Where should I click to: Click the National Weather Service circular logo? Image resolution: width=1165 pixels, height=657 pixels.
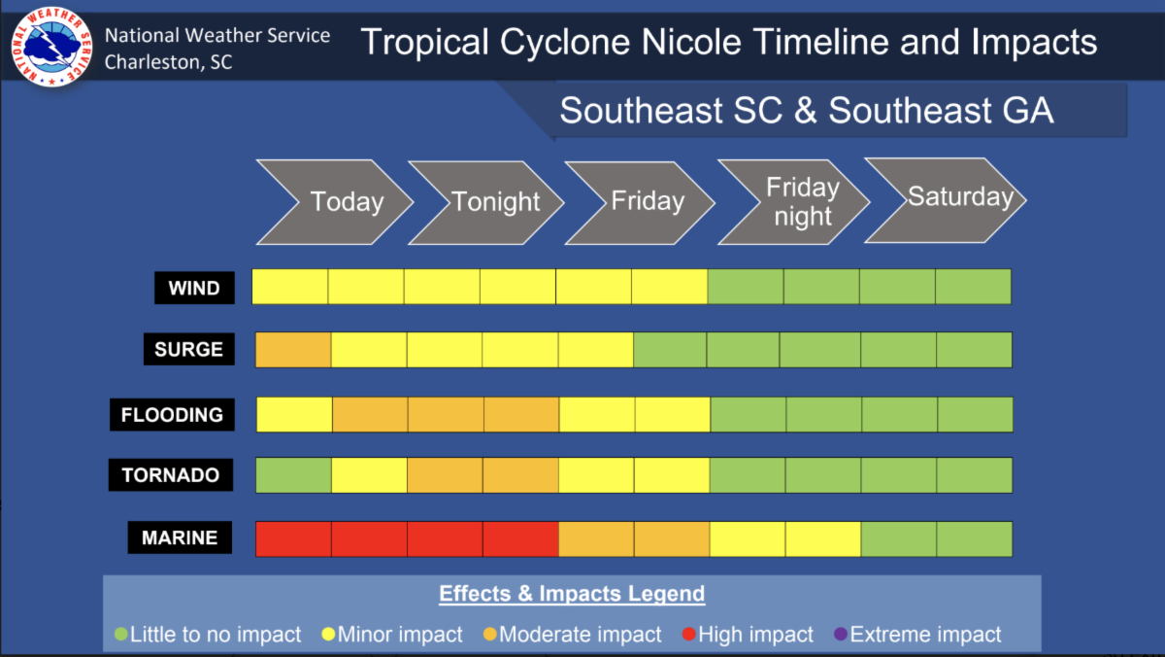tap(51, 47)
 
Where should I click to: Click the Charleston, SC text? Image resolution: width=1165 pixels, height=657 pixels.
tap(168, 62)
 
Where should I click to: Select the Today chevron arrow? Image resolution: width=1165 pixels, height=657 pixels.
tap(334, 202)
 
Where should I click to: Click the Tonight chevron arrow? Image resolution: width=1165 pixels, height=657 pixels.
tap(485, 202)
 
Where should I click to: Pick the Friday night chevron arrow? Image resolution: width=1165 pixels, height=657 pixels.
tap(793, 202)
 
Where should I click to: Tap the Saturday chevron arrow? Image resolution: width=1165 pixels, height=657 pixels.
tap(945, 200)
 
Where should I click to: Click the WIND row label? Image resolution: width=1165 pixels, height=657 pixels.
tap(194, 288)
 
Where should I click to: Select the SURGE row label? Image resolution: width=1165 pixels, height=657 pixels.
tap(188, 349)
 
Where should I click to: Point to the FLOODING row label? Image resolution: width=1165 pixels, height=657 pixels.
tap(172, 415)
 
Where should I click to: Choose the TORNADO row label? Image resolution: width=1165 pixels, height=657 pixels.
tap(171, 475)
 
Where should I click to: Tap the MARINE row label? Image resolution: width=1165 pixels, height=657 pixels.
tap(180, 537)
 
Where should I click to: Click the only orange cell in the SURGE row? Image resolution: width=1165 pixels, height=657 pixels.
tap(293, 350)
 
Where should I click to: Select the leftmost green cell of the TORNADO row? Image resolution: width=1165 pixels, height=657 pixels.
tap(294, 475)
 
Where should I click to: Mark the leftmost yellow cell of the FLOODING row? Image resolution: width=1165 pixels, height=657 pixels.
tap(294, 415)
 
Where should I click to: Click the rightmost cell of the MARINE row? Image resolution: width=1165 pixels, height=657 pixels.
tap(975, 538)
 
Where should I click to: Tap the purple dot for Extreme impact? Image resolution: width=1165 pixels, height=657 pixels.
tap(841, 634)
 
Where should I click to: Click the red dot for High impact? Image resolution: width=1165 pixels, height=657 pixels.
tap(689, 634)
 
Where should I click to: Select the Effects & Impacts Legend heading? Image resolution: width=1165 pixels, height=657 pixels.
tap(572, 594)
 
